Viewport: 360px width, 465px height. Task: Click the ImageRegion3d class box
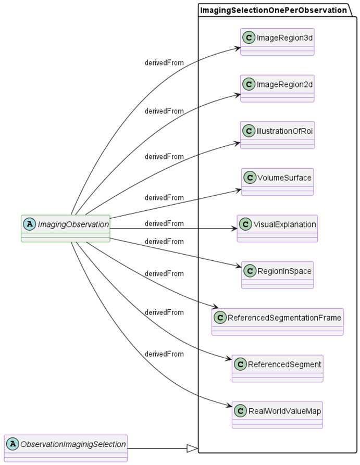pos(277,42)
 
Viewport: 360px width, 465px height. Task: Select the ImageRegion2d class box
pos(277,88)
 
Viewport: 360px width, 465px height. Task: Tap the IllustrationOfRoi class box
pos(277,135)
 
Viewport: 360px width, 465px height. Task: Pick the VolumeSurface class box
pos(277,181)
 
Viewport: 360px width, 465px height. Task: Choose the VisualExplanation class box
pos(277,228)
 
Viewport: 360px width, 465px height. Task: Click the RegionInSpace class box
pos(277,275)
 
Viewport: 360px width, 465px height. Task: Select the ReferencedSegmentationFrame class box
pos(277,321)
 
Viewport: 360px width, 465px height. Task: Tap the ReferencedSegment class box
pos(277,368)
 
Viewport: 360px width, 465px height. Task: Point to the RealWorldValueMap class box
pos(277,414)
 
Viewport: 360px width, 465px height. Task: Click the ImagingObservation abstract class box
pos(66,228)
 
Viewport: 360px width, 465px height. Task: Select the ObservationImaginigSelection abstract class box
pos(66,448)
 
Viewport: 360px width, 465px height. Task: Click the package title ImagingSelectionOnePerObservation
pos(274,9)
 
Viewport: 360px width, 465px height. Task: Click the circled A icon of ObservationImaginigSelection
pos(13,444)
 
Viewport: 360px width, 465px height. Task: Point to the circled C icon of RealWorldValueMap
pos(240,411)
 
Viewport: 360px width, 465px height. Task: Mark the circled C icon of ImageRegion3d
pos(249,37)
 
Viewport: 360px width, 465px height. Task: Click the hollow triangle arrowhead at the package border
pos(192,448)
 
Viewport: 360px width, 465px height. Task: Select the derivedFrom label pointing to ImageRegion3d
pos(164,62)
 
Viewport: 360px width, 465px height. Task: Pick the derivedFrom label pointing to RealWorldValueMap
pos(164,354)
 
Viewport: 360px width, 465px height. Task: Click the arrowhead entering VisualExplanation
pos(233,228)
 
